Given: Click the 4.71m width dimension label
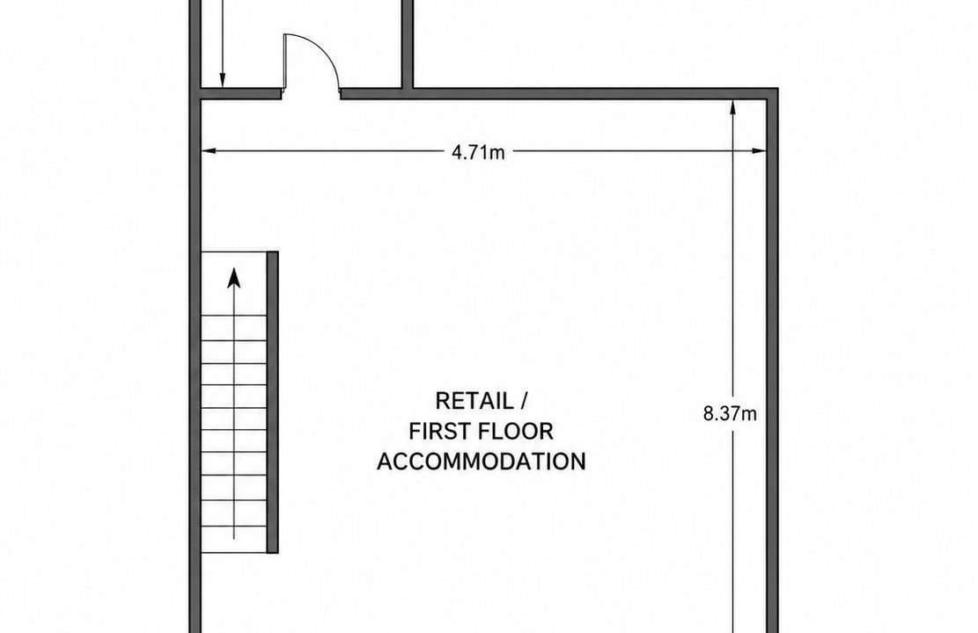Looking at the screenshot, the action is point(478,152).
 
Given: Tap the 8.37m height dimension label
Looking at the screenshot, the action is point(731,414).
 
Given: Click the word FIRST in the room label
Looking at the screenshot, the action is point(438,431).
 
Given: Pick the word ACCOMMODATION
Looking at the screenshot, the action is point(482,462).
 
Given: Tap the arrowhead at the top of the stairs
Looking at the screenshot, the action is point(234,278).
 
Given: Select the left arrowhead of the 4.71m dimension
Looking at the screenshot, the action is point(209,150).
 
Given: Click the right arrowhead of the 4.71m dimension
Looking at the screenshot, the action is point(759,150).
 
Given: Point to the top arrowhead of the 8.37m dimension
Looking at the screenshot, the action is point(733,108).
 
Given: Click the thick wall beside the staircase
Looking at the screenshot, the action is point(273,402).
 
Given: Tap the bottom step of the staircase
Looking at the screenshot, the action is point(234,541).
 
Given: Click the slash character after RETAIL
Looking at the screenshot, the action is point(524,401).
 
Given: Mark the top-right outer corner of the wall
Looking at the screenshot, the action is point(778,89).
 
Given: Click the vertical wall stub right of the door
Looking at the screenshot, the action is point(408,44).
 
